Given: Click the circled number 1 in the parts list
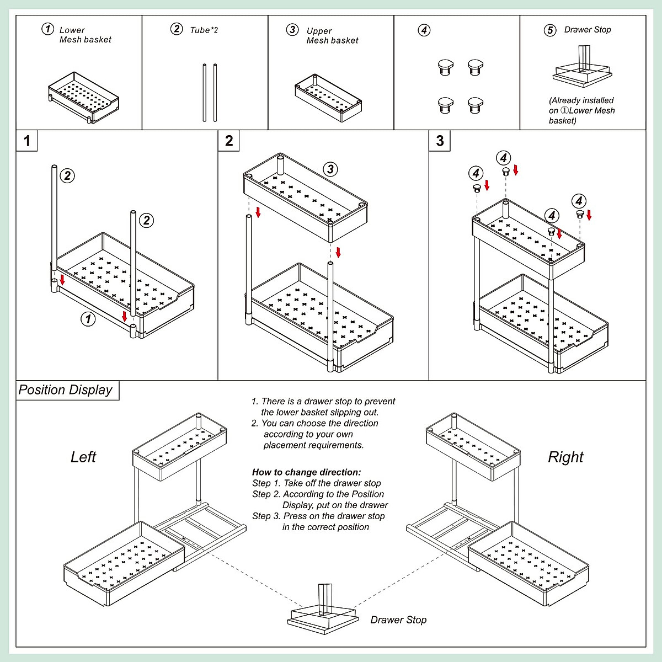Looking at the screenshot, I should coord(48,29).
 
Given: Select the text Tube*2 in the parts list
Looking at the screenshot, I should coord(204,30).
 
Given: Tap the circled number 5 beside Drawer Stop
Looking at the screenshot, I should coord(550,30).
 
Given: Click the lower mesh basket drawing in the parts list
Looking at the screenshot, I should coord(83,96).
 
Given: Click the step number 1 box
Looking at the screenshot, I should coord(27,141).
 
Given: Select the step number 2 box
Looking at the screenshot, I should coord(229,141).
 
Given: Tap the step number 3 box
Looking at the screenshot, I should coord(440,141).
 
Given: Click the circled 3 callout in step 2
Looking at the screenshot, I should coord(330,169).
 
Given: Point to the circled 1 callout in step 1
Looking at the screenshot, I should coord(88,318).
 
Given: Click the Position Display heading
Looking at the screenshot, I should coord(66,390).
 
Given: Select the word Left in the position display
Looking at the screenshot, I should coord(83,457).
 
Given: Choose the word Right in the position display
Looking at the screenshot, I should coord(565,457).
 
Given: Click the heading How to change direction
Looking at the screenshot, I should coord(307,472).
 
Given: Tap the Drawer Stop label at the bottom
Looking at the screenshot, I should coord(398,620).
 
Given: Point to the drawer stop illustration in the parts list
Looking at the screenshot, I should coord(583,70).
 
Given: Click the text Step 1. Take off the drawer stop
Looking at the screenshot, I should coord(317,483).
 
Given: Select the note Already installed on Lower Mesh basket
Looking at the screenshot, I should coord(581,110).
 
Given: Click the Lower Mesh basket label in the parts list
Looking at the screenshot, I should coord(85,35).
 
